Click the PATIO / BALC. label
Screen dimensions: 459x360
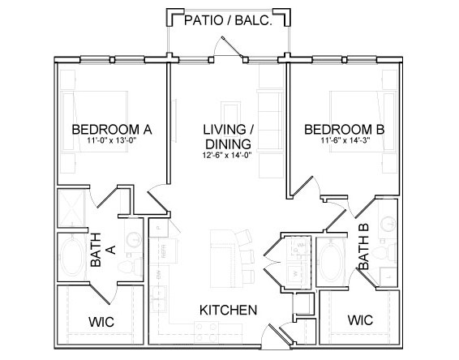tap(228, 20)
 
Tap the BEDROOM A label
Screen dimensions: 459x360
tap(112, 130)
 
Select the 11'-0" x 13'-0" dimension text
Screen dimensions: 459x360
tap(112, 140)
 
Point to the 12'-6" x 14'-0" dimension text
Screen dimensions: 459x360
tap(227, 155)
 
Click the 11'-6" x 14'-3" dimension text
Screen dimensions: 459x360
tap(345, 140)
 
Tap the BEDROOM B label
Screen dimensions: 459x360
tap(345, 130)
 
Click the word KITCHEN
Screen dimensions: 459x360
tap(229, 310)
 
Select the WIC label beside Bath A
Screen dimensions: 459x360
tap(101, 322)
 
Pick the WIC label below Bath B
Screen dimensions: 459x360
tap(360, 320)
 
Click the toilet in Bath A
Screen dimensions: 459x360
tap(131, 266)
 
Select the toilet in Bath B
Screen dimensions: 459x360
tap(385, 252)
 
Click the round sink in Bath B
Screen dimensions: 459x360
tap(388, 224)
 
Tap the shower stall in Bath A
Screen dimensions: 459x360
tap(71, 208)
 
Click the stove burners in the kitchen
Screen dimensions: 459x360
tap(207, 332)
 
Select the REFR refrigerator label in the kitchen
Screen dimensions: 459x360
tap(163, 251)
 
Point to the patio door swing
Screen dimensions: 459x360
tap(228, 47)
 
